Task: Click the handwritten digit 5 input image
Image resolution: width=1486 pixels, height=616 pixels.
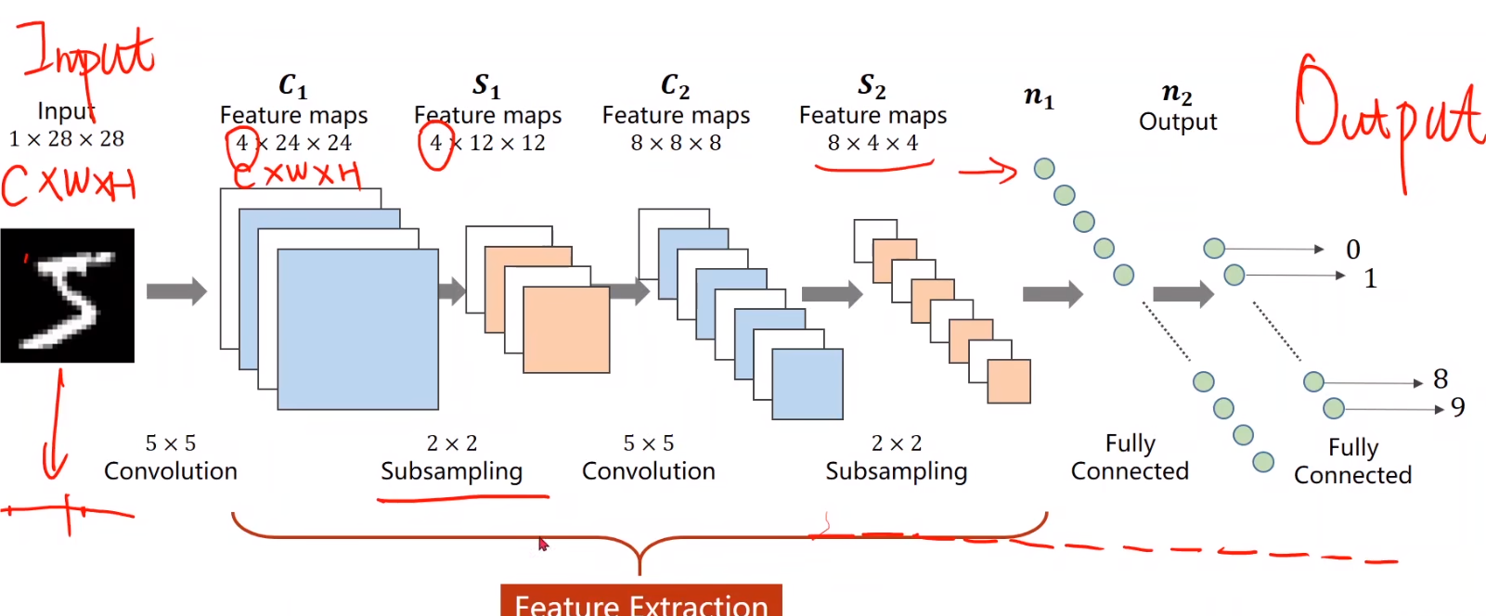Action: [67, 295]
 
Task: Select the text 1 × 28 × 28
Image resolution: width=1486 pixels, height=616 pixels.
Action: [67, 139]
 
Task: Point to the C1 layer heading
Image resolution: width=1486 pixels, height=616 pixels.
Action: [292, 86]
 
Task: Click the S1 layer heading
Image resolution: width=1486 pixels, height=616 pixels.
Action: [486, 86]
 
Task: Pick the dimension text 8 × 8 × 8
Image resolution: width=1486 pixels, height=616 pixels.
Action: [676, 143]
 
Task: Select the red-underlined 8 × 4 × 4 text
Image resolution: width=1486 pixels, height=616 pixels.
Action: [872, 143]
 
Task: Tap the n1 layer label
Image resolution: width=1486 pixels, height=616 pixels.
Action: [1039, 96]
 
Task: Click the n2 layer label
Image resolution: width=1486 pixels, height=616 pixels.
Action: [1177, 93]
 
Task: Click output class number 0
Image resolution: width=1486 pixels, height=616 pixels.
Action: [1353, 250]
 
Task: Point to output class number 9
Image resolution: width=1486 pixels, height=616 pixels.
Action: [1458, 407]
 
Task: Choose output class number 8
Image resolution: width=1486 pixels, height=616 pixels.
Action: [1441, 379]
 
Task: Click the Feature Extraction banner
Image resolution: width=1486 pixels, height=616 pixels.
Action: [640, 603]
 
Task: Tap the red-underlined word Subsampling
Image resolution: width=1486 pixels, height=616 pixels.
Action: [451, 471]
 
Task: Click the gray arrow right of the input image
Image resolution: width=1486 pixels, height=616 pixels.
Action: [176, 291]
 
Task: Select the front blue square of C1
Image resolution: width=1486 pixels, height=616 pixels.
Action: [357, 329]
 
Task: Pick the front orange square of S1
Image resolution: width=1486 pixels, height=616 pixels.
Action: [566, 329]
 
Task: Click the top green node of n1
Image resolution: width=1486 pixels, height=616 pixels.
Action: [1044, 168]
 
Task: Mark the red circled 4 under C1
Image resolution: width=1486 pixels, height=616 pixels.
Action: [241, 144]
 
